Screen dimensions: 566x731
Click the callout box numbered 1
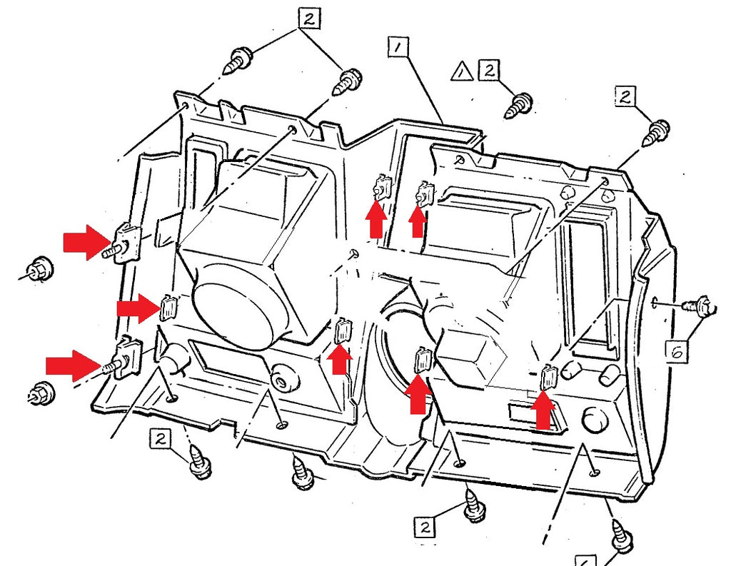(398, 48)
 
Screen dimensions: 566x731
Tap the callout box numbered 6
(679, 350)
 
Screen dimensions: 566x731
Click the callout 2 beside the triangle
(489, 70)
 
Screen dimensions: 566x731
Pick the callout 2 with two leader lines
(308, 19)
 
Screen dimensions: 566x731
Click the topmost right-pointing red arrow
(84, 242)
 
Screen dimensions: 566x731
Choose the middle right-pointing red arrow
(137, 308)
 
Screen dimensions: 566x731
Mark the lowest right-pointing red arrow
(72, 366)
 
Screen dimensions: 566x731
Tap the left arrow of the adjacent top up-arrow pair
(376, 217)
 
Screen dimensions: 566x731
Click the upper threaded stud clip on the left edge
(126, 241)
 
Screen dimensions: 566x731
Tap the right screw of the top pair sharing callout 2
(348, 82)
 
